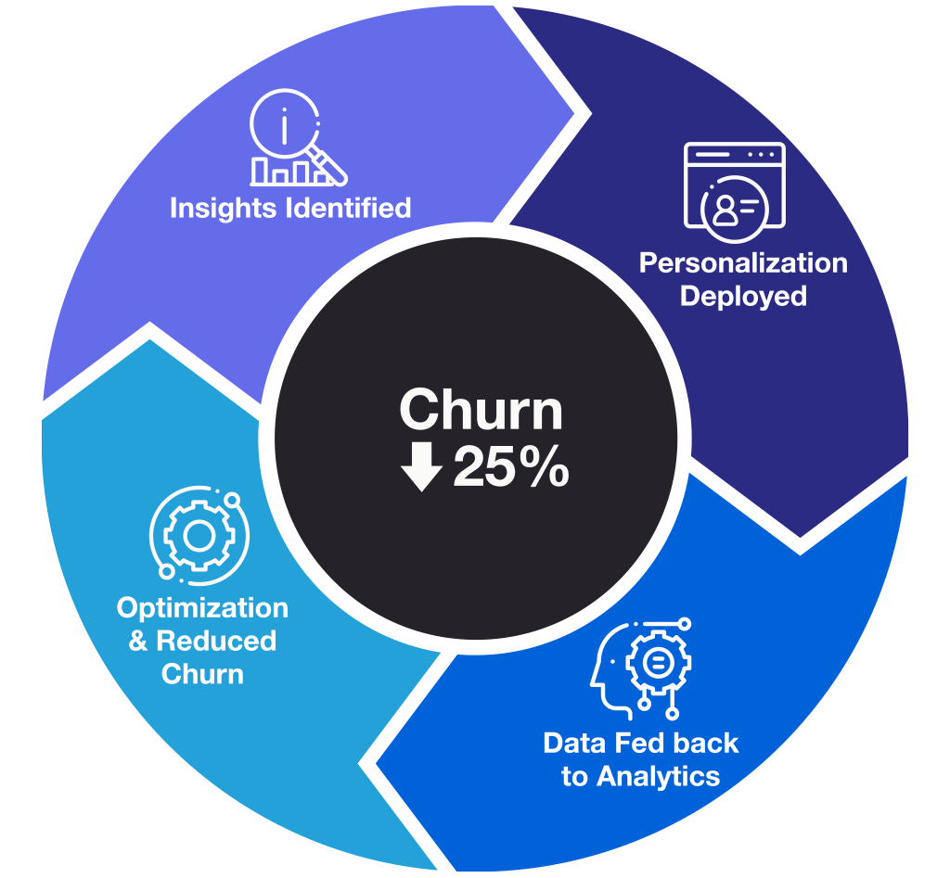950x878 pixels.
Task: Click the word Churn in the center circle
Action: [x=481, y=411]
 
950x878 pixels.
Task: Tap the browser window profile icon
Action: [x=734, y=185]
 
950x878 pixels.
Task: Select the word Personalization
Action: [x=743, y=263]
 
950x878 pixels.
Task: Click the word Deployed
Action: [x=743, y=297]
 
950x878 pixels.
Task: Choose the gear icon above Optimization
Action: [x=197, y=536]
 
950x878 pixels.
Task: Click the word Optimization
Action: [x=202, y=608]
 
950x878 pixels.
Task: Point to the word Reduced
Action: [x=216, y=641]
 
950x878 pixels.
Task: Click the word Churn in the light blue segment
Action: [x=202, y=674]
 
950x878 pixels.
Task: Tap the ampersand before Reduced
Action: [x=138, y=641]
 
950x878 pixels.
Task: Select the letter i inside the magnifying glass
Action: [x=284, y=124]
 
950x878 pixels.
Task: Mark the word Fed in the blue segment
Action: [x=637, y=744]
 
